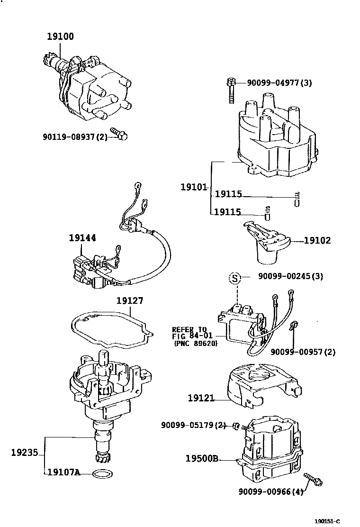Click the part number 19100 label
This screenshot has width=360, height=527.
[60, 36]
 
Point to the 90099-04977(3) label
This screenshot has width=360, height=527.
[279, 83]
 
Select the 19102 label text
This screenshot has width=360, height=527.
[317, 240]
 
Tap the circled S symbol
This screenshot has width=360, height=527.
[235, 278]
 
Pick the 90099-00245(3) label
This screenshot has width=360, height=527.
[290, 276]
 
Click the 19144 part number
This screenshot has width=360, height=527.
[82, 238]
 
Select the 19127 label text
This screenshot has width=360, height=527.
[130, 300]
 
